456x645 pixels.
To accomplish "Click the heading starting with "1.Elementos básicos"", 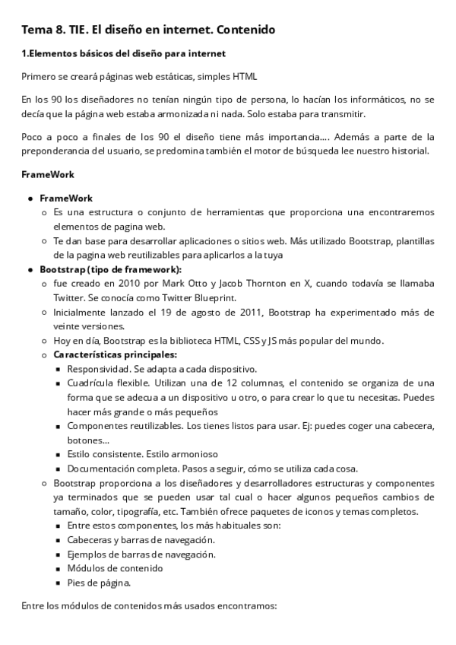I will (x=122, y=54).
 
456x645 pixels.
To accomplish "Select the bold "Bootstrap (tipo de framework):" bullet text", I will (x=110, y=269).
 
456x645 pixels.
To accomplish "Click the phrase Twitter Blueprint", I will (x=170, y=297).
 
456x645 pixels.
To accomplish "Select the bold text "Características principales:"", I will (x=114, y=354).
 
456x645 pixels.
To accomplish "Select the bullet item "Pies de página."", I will (x=99, y=583).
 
